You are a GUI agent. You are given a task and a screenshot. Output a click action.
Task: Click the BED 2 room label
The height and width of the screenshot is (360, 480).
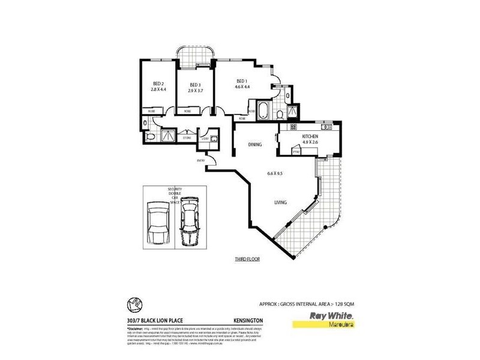click(158, 83)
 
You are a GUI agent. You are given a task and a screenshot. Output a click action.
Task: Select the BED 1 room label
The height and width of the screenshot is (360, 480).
click(242, 81)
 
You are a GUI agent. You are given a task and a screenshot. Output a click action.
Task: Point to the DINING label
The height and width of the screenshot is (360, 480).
click(255, 145)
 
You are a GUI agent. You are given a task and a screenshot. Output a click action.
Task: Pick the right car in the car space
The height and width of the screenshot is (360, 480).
click(189, 223)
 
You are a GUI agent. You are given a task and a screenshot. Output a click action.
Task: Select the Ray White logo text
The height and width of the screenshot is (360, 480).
click(330, 315)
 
